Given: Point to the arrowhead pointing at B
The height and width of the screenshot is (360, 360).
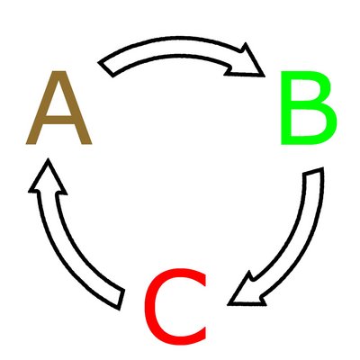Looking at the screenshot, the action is (x=249, y=64).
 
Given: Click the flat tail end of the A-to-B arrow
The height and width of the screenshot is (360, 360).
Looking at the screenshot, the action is (x=106, y=69).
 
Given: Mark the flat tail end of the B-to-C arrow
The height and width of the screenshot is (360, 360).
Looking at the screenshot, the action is (x=313, y=171).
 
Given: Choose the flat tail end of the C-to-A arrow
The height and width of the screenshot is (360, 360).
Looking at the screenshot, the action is (x=121, y=300).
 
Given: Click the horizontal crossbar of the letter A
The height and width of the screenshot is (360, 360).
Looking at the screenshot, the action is (x=58, y=120).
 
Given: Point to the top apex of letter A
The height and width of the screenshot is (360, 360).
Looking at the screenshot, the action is (x=58, y=71).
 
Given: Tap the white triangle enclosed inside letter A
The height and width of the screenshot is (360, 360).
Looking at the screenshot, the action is (x=58, y=102).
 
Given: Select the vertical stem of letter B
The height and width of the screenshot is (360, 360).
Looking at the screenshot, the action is (x=285, y=108).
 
